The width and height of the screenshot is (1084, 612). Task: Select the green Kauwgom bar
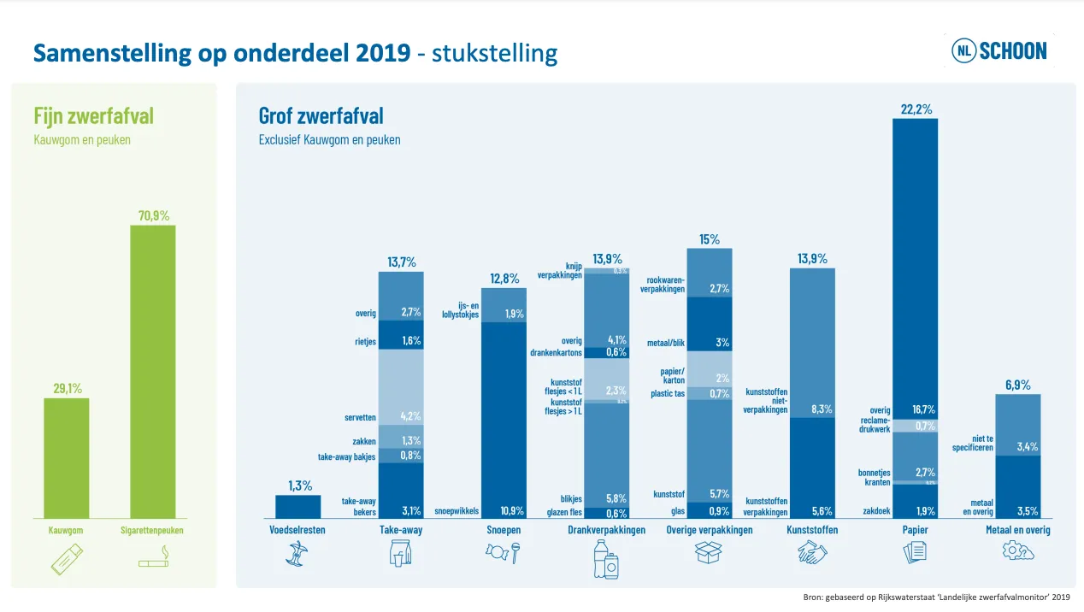67,458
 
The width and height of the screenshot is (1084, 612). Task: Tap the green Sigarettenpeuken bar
152,372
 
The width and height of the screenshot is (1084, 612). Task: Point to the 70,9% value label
152,215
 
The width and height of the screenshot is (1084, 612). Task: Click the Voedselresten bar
298,507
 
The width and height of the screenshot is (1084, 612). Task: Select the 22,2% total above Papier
915,109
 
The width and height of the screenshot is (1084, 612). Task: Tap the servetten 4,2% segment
401,389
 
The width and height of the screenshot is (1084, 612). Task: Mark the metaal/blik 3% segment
710,325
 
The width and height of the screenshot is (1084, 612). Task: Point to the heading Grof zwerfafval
321,115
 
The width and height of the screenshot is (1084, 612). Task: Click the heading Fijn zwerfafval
93,115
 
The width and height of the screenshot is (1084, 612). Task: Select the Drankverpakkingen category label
606,530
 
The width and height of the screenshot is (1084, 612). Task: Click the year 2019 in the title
383,53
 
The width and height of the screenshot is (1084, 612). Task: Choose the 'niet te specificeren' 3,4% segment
1017,425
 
